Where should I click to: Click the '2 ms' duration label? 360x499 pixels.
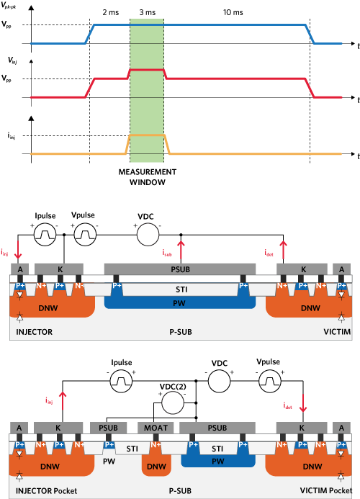110,12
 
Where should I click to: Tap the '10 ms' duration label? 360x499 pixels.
233,12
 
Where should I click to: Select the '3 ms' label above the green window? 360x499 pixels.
148,12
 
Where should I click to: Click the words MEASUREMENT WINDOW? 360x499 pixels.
148,177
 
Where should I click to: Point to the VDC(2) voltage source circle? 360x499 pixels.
173,403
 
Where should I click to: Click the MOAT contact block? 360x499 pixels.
156,428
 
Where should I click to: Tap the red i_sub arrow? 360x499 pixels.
181,252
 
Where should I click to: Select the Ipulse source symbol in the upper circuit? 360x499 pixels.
45,235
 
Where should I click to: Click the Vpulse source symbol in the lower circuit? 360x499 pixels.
269,381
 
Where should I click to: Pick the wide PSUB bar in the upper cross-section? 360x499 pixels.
180,269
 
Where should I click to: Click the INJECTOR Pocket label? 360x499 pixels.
47,491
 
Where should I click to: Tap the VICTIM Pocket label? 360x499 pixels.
326,490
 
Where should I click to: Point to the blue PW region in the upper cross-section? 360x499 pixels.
180,302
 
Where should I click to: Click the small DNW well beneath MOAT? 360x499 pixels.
156,463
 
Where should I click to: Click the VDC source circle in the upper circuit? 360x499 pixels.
148,235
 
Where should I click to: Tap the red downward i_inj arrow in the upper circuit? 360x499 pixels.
18,249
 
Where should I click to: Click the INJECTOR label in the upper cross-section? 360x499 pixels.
34,332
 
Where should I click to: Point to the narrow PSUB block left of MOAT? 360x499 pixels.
108,428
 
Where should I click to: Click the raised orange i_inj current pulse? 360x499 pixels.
148,135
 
